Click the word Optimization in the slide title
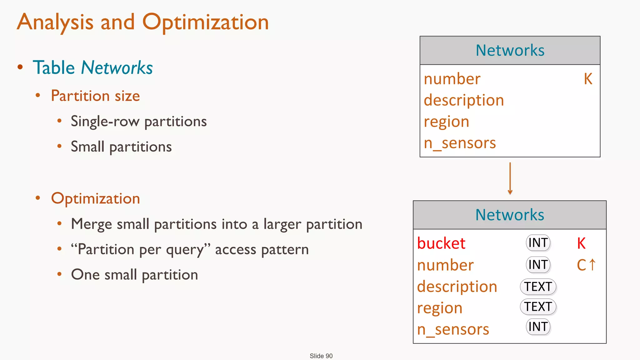205,22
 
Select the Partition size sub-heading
95,96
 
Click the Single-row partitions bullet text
139,121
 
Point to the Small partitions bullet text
121,147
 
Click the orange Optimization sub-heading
95,198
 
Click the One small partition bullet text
134,275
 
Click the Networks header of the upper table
510,50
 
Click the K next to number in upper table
588,79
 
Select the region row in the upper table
447,122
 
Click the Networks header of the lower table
510,215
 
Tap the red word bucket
441,243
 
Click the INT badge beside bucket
538,243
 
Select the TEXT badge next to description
538,287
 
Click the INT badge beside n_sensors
538,327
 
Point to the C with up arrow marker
586,265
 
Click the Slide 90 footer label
321,356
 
